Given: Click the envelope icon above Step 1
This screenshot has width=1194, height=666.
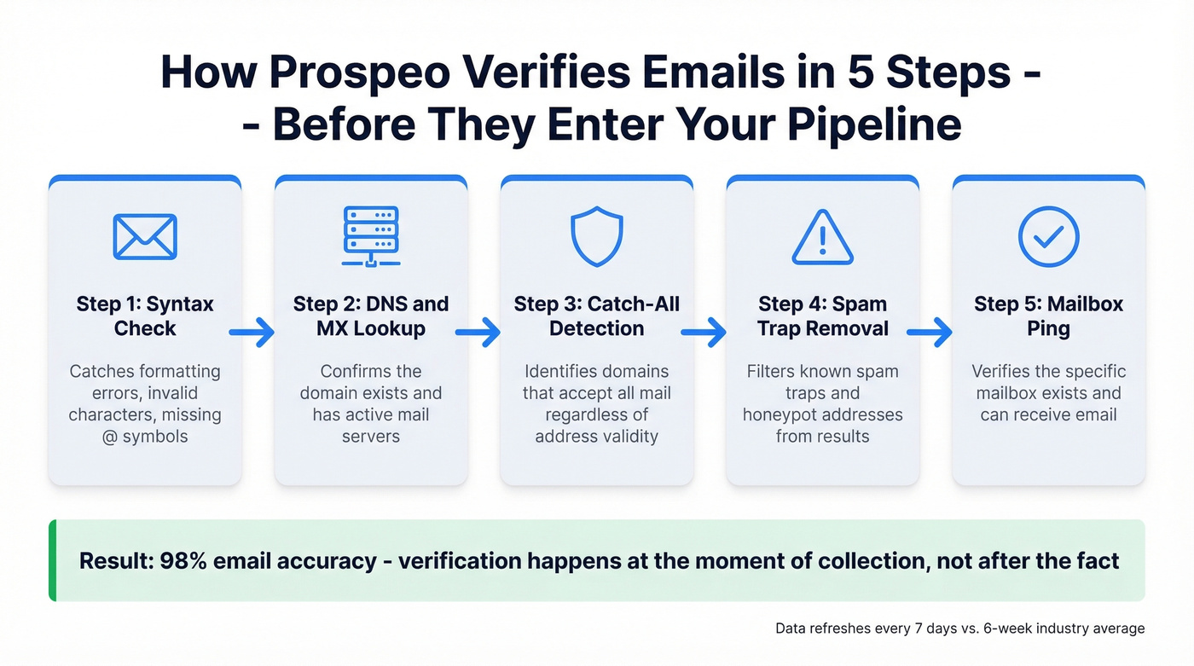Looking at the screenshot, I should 145,236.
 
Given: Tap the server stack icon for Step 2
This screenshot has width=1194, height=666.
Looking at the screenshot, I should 371,236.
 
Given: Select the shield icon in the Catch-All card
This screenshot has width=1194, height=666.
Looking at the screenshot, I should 597,236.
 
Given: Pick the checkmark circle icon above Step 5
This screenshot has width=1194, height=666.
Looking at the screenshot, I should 1048,236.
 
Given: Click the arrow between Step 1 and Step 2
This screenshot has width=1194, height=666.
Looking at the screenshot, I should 252,332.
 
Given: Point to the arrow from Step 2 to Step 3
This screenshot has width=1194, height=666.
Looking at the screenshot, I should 478,332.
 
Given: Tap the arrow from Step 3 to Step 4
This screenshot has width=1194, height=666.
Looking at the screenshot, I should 704,332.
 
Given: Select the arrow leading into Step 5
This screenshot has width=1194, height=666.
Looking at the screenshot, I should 930,332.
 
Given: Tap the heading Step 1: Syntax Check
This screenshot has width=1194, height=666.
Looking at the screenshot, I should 145,316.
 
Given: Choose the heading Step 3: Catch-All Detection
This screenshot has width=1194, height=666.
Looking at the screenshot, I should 597,316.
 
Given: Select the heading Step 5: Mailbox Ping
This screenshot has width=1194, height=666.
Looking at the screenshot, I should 1048,316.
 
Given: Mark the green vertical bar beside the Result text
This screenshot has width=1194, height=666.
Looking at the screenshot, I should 52,560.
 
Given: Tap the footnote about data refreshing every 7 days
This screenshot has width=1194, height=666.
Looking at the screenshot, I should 959,628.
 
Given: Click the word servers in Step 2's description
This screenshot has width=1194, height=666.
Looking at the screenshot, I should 371,437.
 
